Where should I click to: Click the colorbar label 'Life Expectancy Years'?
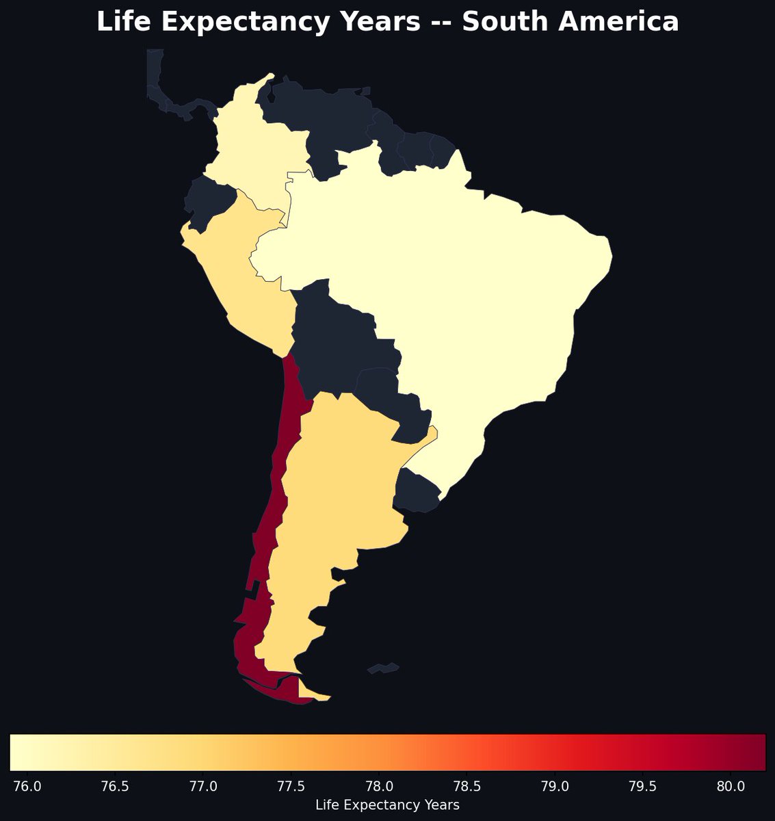[387, 805]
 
